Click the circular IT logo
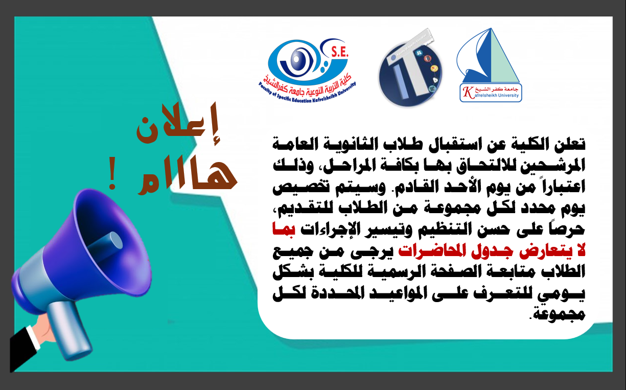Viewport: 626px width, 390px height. pyautogui.click(x=408, y=74)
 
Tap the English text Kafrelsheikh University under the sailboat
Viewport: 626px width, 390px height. pyautogui.click(x=491, y=95)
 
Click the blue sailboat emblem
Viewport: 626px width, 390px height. pyautogui.click(x=486, y=57)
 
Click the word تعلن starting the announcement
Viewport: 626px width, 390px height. pyautogui.click(x=570, y=145)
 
